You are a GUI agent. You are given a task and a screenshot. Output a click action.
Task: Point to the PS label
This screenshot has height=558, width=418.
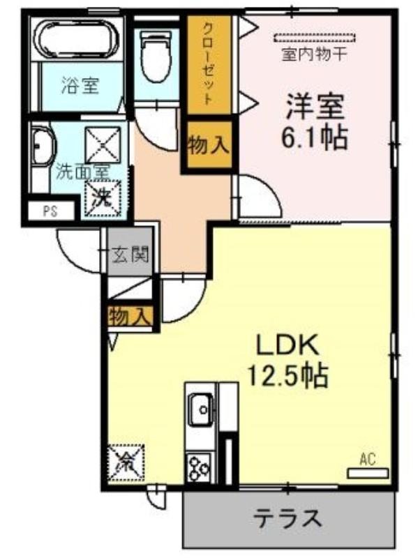click(x=50, y=212)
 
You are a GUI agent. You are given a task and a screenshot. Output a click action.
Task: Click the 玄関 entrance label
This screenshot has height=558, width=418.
click(x=130, y=254)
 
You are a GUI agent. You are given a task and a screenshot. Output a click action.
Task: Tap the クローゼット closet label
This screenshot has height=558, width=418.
click(x=208, y=63)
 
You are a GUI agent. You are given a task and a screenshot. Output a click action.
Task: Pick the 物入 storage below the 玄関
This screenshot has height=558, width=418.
click(x=131, y=316)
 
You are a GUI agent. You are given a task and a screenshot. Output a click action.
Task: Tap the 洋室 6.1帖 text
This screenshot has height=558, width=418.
click(x=315, y=121)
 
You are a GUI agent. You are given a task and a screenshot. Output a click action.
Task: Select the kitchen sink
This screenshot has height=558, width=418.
click(x=201, y=409)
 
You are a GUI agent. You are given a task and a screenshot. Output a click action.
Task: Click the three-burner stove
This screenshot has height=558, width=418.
click(x=200, y=467)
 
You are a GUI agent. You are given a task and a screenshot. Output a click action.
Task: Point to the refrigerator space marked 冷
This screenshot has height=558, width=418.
click(x=126, y=462)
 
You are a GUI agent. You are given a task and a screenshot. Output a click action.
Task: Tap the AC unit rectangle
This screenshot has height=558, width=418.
click(x=368, y=474)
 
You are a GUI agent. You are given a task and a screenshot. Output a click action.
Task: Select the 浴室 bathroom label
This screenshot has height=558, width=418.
click(x=80, y=85)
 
